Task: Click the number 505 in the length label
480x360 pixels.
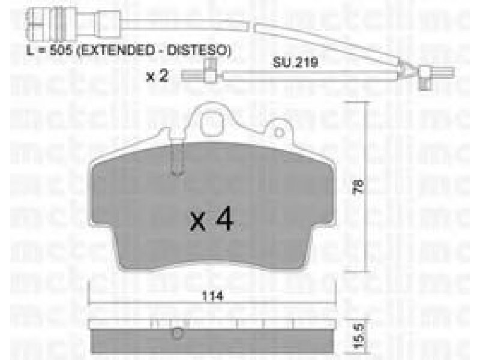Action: click(61, 50)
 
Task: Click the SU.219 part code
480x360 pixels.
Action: click(295, 63)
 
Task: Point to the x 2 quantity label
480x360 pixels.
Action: click(157, 76)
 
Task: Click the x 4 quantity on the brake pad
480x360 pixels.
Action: click(211, 219)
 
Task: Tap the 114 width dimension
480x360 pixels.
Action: click(212, 296)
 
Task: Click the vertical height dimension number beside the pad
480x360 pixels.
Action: click(359, 186)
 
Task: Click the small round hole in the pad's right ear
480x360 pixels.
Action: click(279, 133)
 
